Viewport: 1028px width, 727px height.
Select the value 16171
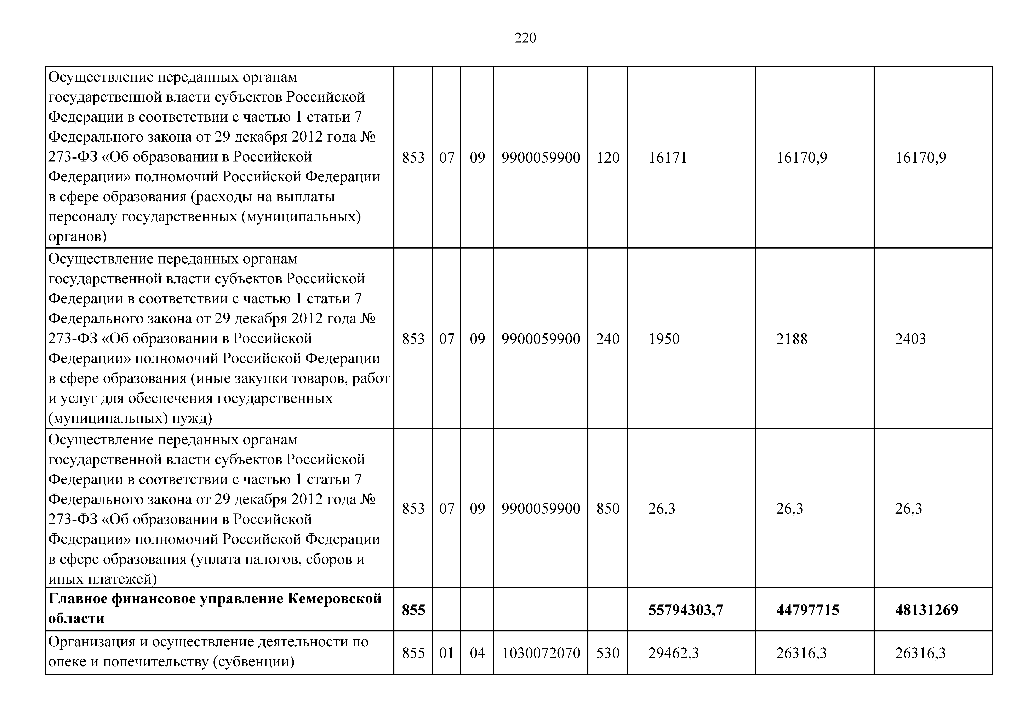pyautogui.click(x=668, y=158)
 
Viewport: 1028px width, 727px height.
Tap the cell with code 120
pyautogui.click(x=608, y=158)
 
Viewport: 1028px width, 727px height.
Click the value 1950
pyautogui.click(x=664, y=339)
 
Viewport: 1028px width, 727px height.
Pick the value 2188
pyautogui.click(x=792, y=339)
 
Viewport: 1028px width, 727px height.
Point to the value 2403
pyautogui.click(x=910, y=339)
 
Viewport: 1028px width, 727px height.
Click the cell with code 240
pyautogui.click(x=608, y=339)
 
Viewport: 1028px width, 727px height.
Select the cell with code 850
pyautogui.click(x=608, y=508)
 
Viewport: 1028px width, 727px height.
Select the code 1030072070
pyautogui.click(x=541, y=653)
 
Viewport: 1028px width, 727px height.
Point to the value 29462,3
pyautogui.click(x=673, y=653)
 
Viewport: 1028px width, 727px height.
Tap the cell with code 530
pyautogui.click(x=608, y=653)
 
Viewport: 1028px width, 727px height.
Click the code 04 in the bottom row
pyautogui.click(x=477, y=653)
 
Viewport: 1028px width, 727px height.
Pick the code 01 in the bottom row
pyautogui.click(x=446, y=653)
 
